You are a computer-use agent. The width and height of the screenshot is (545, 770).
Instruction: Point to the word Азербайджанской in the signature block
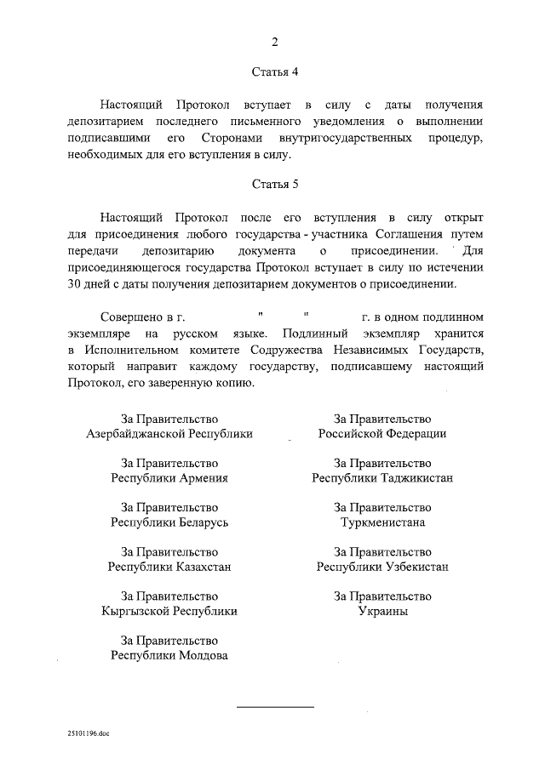131,433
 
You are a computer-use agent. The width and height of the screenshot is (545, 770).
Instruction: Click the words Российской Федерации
382,433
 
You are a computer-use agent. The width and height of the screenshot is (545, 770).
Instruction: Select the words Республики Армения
170,477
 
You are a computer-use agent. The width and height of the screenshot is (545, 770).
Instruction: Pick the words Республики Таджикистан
382,477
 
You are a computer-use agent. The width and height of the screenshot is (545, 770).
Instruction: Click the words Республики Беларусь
170,522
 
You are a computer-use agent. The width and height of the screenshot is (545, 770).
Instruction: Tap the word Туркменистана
382,522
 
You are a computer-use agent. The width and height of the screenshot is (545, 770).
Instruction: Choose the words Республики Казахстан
170,566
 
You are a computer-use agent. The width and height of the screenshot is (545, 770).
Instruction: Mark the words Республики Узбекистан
382,566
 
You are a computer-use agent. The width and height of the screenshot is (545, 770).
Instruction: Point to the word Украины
382,610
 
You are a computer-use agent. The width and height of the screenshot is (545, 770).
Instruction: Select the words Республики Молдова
170,655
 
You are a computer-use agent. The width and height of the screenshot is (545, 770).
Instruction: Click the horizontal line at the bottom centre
274,707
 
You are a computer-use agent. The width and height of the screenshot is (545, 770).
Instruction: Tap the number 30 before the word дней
74,284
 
